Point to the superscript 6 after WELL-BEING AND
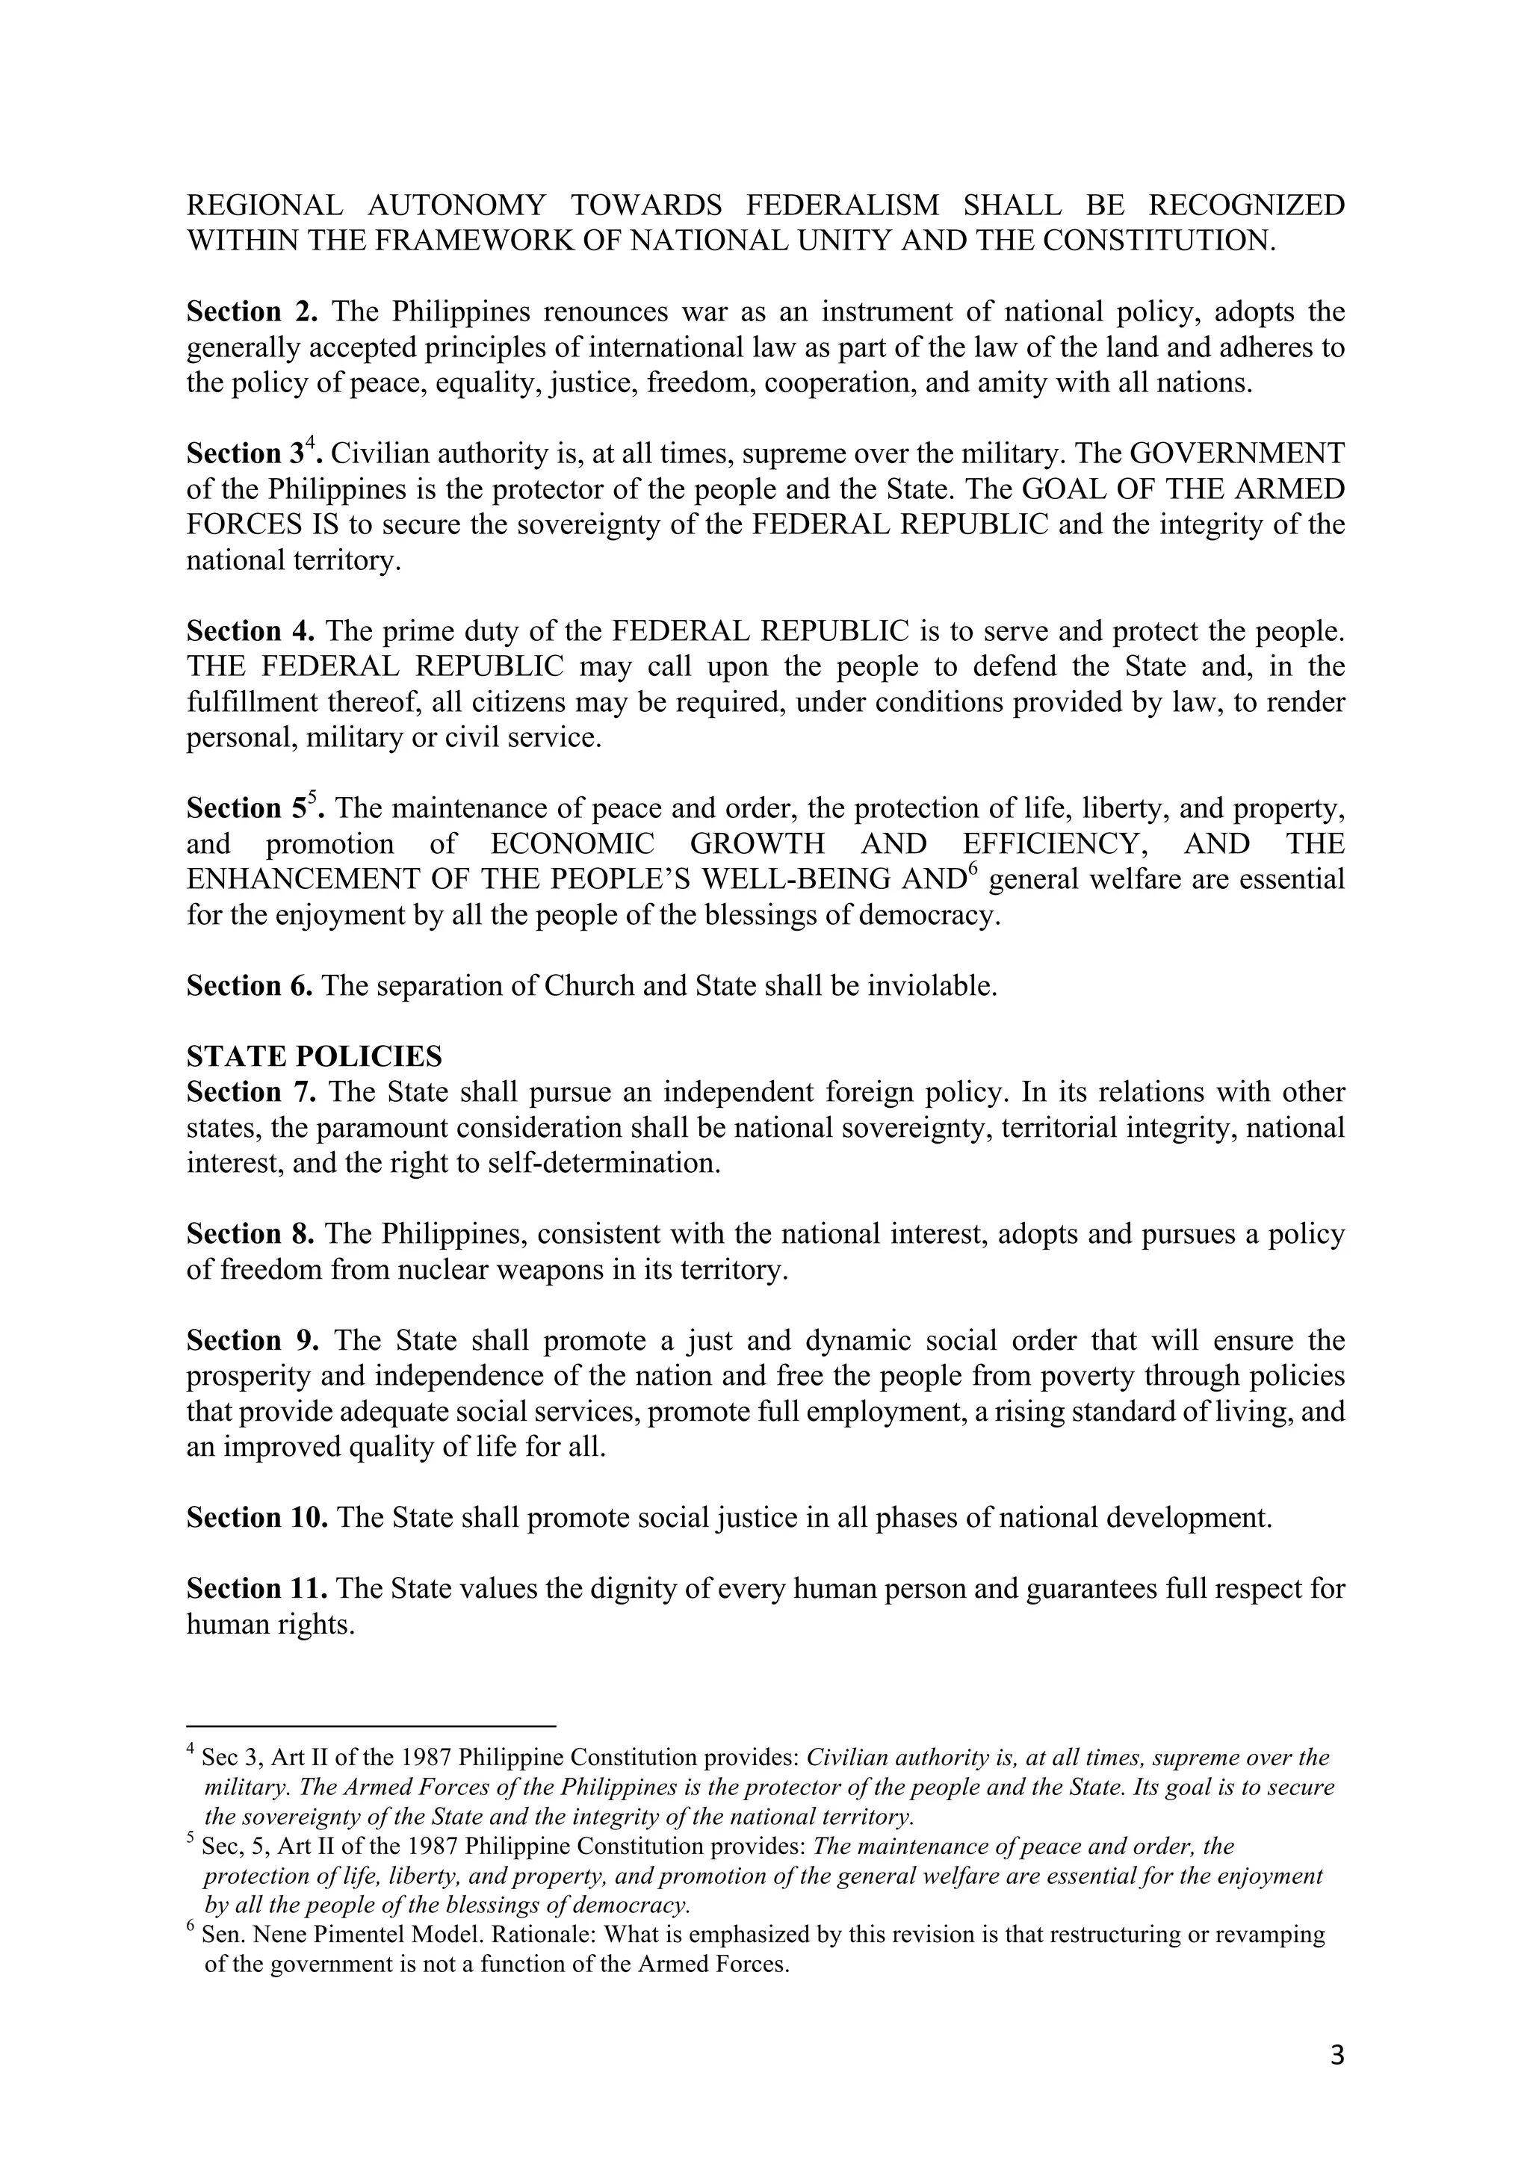(974, 869)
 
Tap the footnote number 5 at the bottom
(191, 1839)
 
